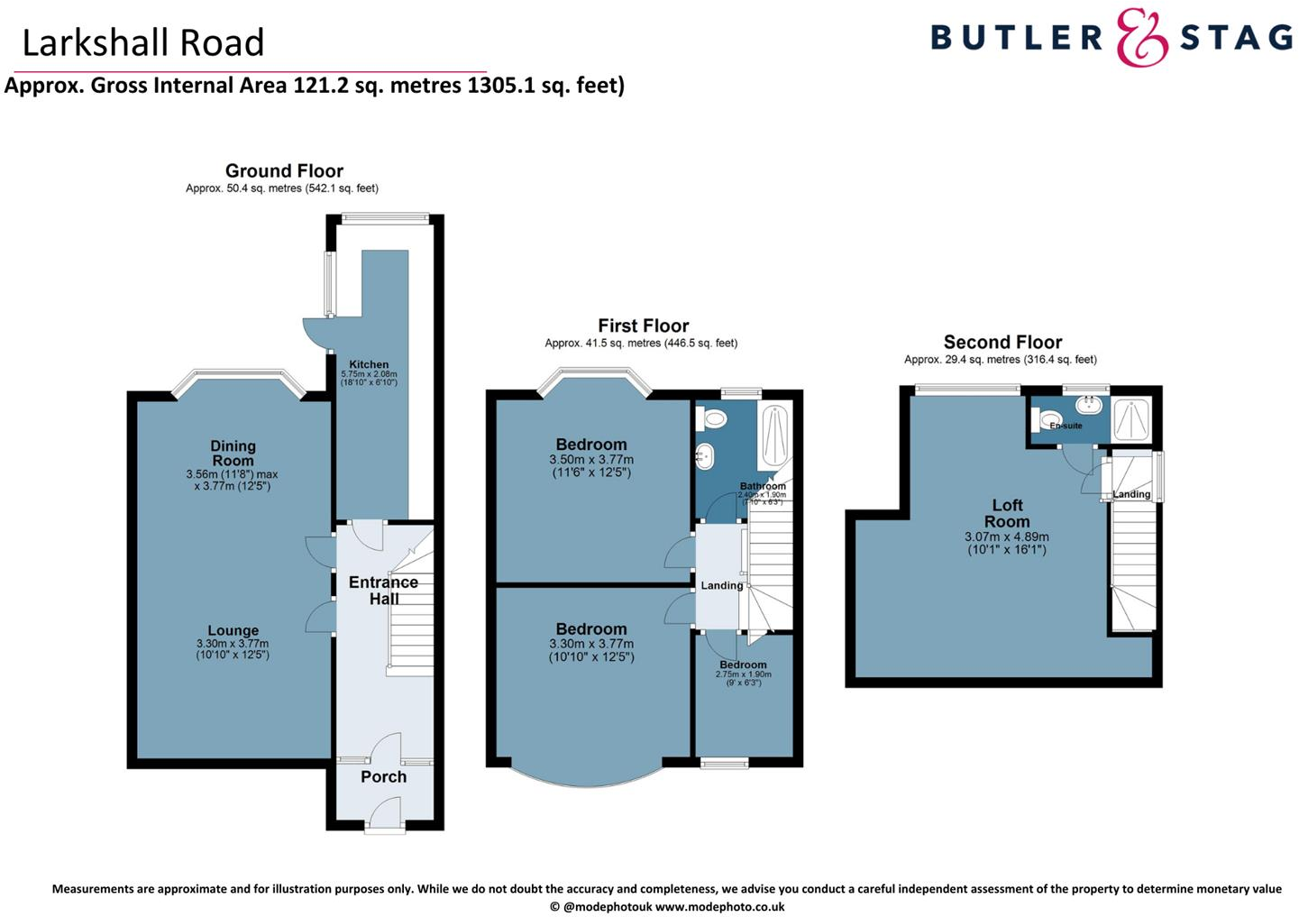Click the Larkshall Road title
[x=143, y=42]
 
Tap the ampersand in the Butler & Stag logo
[x=1141, y=38]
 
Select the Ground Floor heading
[x=284, y=170]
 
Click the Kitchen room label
[x=369, y=364]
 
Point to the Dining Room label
[x=233, y=453]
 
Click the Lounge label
[x=233, y=630]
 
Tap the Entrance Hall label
[x=383, y=590]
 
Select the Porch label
[x=383, y=776]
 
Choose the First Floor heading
[x=643, y=326]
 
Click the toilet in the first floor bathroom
[x=714, y=418]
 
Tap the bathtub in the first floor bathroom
[x=774, y=436]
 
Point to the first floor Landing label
[x=722, y=585]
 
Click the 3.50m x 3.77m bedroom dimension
[x=591, y=460]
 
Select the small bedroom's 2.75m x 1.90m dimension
[x=744, y=674]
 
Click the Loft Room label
[x=1007, y=513]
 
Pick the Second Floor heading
[x=1002, y=342]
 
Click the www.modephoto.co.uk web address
[x=719, y=907]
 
